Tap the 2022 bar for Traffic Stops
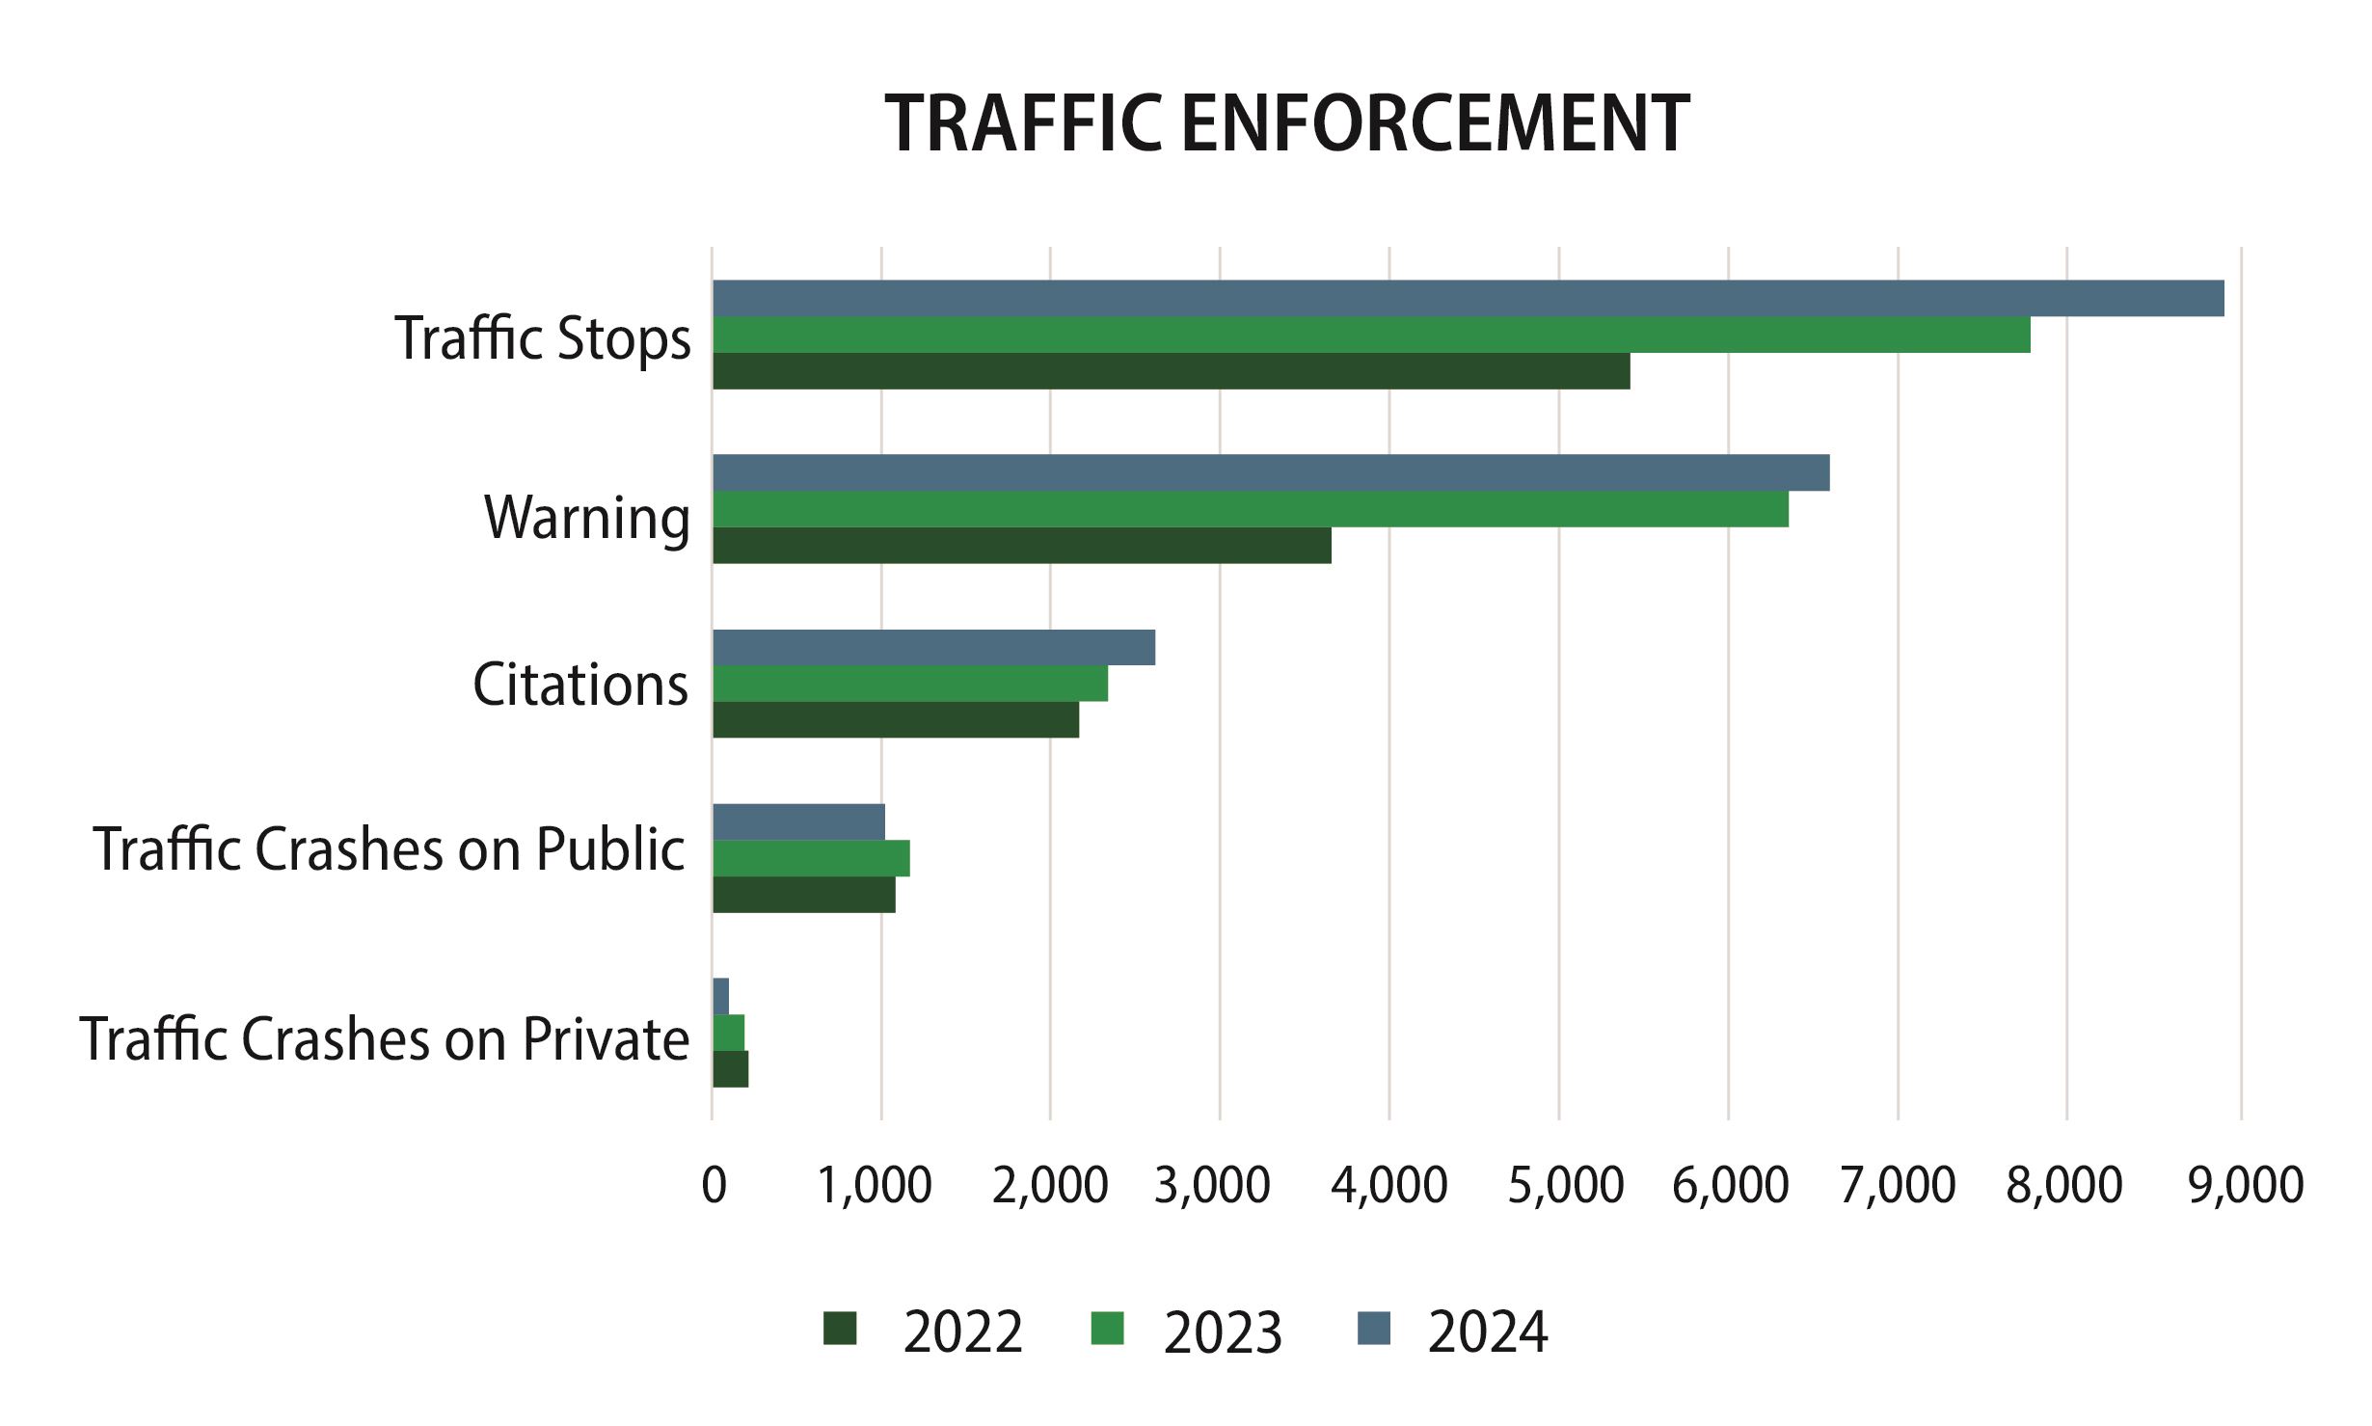tap(1171, 371)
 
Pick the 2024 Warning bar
tap(1271, 472)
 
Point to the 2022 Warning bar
tap(1021, 546)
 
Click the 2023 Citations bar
tap(909, 684)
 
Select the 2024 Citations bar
tap(933, 647)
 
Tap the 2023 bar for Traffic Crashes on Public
tap(811, 858)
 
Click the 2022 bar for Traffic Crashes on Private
tap(730, 1069)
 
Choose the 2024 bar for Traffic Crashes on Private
tap(720, 996)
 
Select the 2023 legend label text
tap(1222, 1333)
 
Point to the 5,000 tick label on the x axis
tap(1565, 1185)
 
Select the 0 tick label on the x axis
tap(714, 1185)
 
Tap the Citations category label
tap(580, 685)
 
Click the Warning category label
tap(587, 518)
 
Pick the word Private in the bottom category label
tap(606, 1039)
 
